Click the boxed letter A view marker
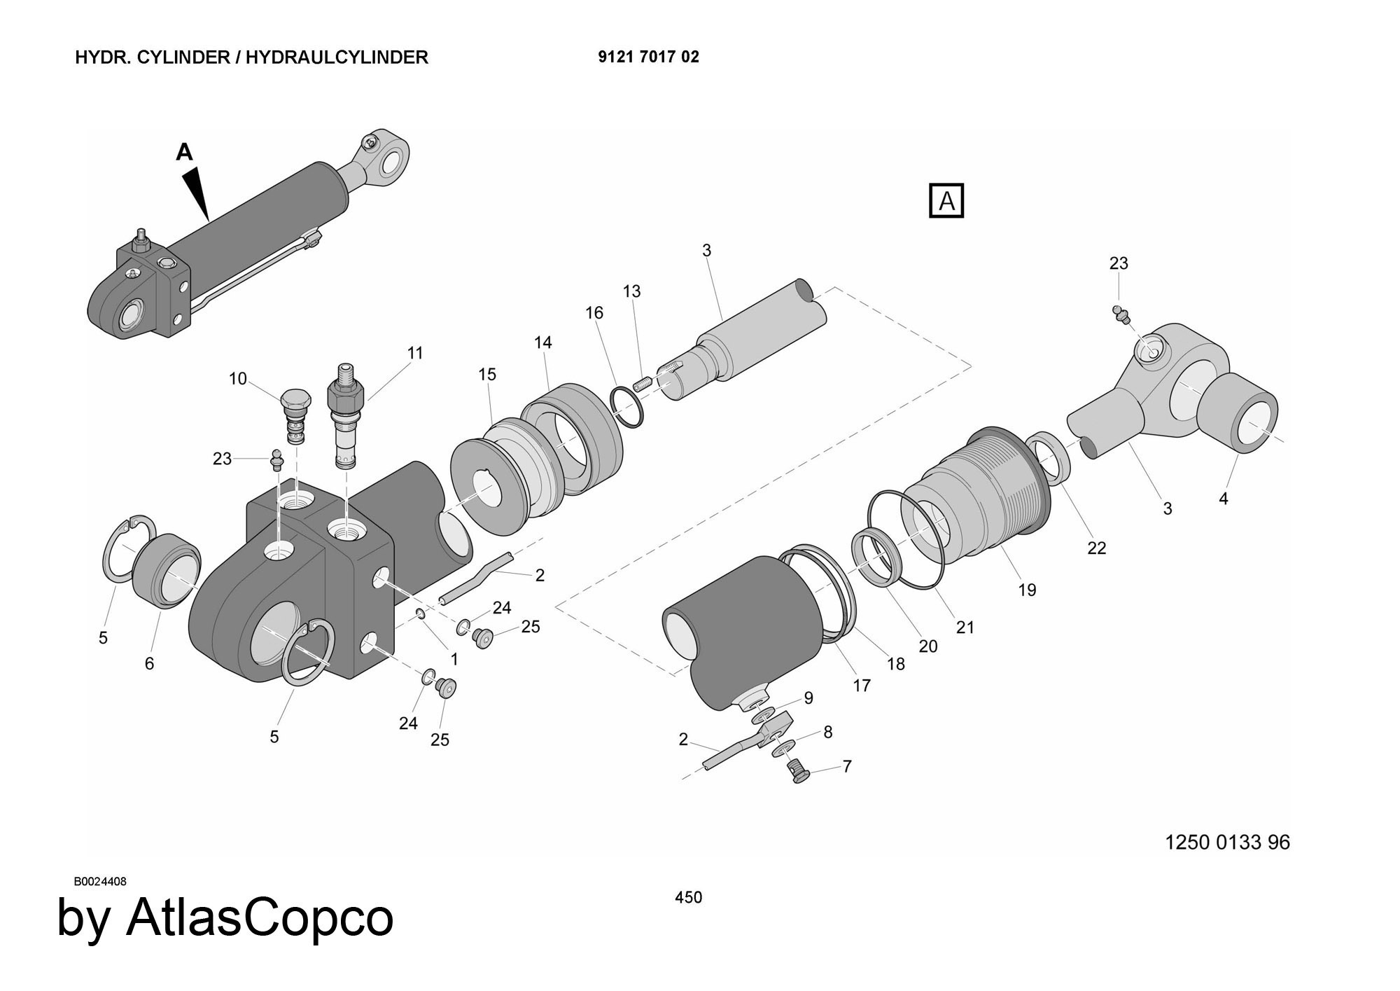coord(946,201)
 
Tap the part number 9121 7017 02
coord(648,57)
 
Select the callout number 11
coord(415,353)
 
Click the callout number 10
coord(238,379)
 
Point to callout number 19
coord(1027,590)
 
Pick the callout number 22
coord(1097,548)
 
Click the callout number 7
coord(847,766)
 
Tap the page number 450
coord(688,897)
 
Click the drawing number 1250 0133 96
coord(1227,842)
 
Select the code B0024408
coord(101,881)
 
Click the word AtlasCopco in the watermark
coord(260,919)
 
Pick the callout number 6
coord(149,663)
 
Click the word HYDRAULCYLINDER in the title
coord(337,57)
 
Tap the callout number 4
coord(1223,499)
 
